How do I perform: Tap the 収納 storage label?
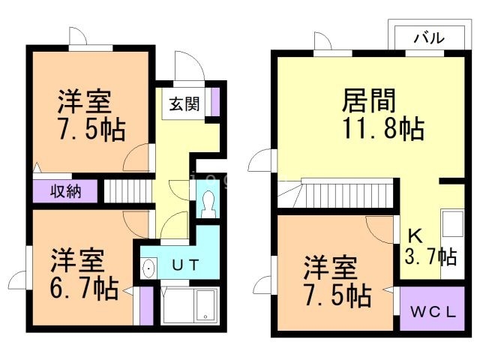coord(65,191)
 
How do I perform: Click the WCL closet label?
coord(433,312)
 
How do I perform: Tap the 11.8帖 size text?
coord(383,128)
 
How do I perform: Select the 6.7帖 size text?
coord(84,288)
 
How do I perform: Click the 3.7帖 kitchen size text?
coord(430,256)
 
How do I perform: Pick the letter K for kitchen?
coord(414,232)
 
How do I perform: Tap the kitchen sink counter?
coord(452,225)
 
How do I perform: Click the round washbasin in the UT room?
coord(148,267)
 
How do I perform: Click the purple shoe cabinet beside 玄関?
coord(215,100)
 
